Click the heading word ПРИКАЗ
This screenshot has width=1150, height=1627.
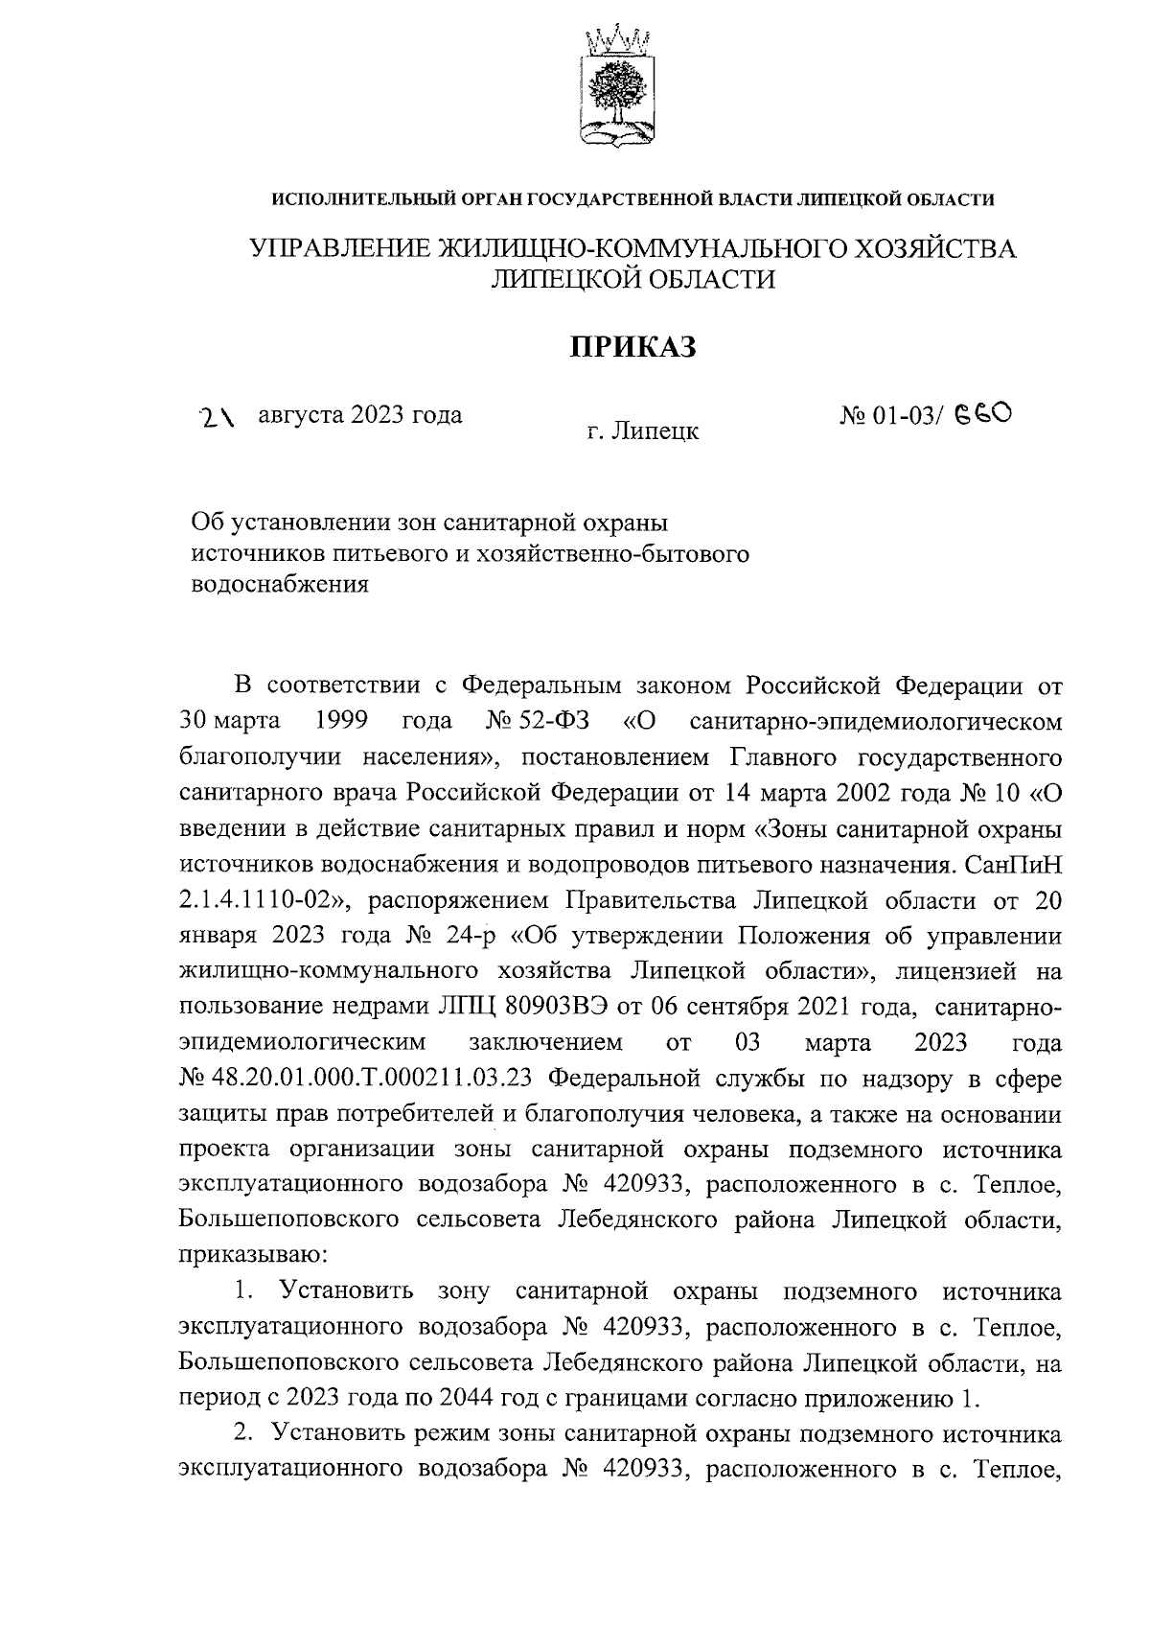point(632,346)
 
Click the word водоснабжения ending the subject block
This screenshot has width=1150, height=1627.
point(280,585)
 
